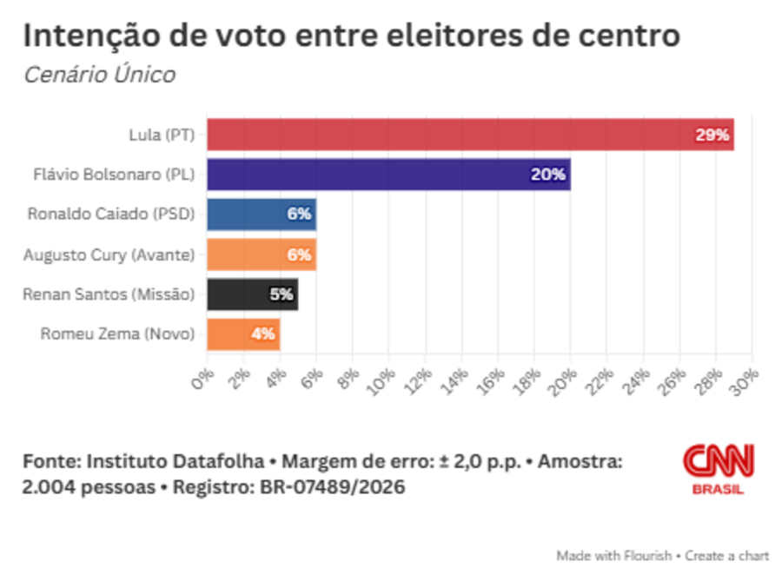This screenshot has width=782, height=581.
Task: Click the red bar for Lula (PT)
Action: pyautogui.click(x=470, y=135)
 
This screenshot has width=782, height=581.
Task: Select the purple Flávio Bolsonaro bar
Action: pyautogui.click(x=389, y=175)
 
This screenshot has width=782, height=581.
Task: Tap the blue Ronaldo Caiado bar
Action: pyautogui.click(x=262, y=215)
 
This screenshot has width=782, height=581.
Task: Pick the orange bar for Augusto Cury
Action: pyautogui.click(x=262, y=254)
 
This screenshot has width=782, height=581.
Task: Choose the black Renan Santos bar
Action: pyautogui.click(x=252, y=294)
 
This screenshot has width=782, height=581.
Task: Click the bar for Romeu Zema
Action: pyautogui.click(x=243, y=334)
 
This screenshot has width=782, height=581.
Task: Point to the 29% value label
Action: pyautogui.click(x=712, y=135)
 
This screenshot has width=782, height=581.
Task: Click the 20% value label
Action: pyautogui.click(x=548, y=175)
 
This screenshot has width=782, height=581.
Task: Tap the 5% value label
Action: pyautogui.click(x=282, y=294)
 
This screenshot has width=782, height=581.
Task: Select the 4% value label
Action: pyautogui.click(x=262, y=333)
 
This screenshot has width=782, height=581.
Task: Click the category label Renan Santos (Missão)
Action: pyautogui.click(x=109, y=294)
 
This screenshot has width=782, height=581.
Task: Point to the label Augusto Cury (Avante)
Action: pyautogui.click(x=109, y=255)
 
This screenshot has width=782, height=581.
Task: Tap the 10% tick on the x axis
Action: pyautogui.click(x=381, y=382)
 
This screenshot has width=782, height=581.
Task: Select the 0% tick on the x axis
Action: pyautogui.click(x=202, y=380)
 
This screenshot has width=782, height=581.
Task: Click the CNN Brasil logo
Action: pyautogui.click(x=719, y=469)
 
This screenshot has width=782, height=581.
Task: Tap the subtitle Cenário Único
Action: pyautogui.click(x=100, y=75)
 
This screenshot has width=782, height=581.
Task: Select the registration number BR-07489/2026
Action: pyautogui.click(x=333, y=487)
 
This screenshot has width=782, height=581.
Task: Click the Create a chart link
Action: pyautogui.click(x=726, y=556)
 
